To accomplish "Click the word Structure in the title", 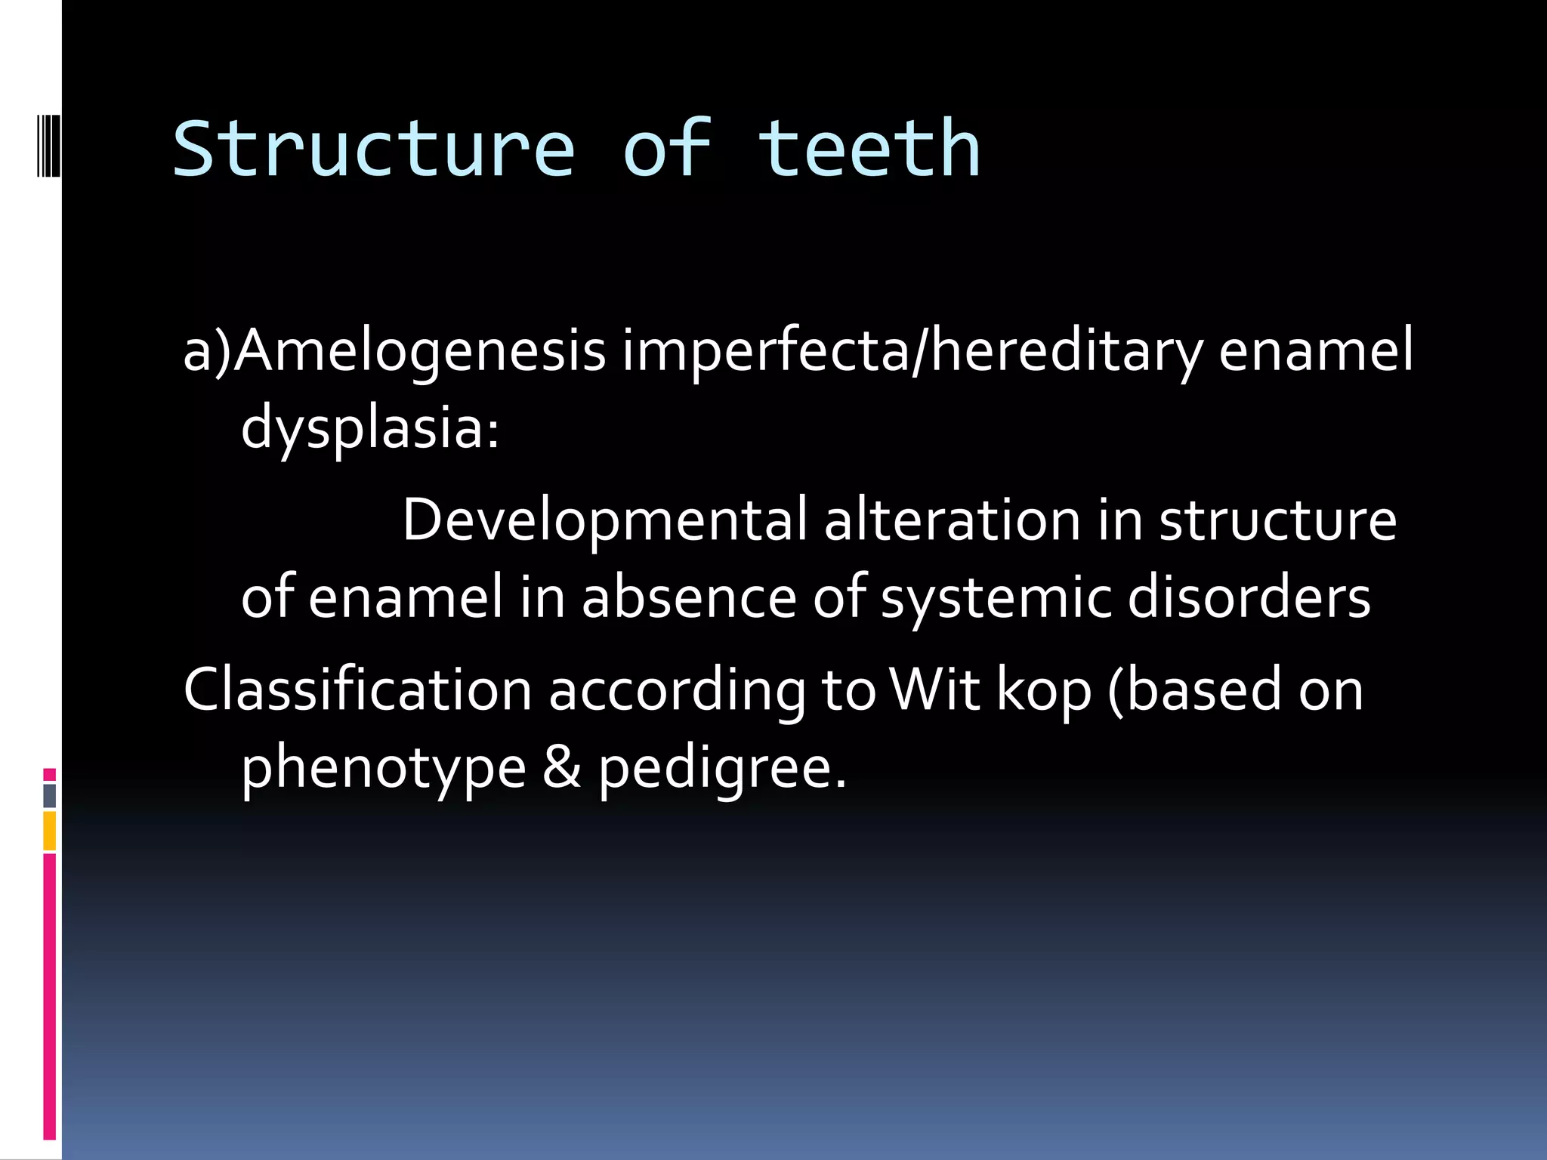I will pyautogui.click(x=374, y=150).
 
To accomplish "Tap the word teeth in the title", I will pyautogui.click(x=869, y=150).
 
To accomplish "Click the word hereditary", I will pyautogui.click(x=1066, y=351).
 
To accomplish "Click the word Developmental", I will pyautogui.click(x=604, y=520).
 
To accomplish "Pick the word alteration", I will pyautogui.click(x=952, y=520).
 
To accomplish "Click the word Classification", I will pyautogui.click(x=357, y=690).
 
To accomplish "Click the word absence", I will pyautogui.click(x=688, y=597).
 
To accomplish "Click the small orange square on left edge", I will pyautogui.click(x=49, y=830).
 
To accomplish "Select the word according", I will pyautogui.click(x=677, y=690).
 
